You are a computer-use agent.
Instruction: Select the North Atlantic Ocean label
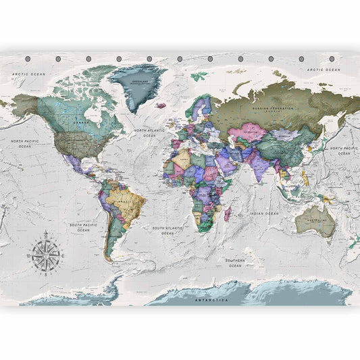click(x=149, y=133)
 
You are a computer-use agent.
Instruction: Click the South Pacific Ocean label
click(x=83, y=228)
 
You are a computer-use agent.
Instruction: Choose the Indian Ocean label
click(x=263, y=213)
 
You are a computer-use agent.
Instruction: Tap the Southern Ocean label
click(x=235, y=263)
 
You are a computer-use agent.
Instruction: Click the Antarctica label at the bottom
click(x=211, y=299)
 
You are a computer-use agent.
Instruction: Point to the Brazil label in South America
click(x=124, y=201)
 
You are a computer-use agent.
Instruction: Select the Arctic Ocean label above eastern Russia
click(x=322, y=70)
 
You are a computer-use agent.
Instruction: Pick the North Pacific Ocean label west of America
click(x=25, y=143)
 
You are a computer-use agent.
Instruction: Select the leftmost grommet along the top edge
click(x=27, y=59)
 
